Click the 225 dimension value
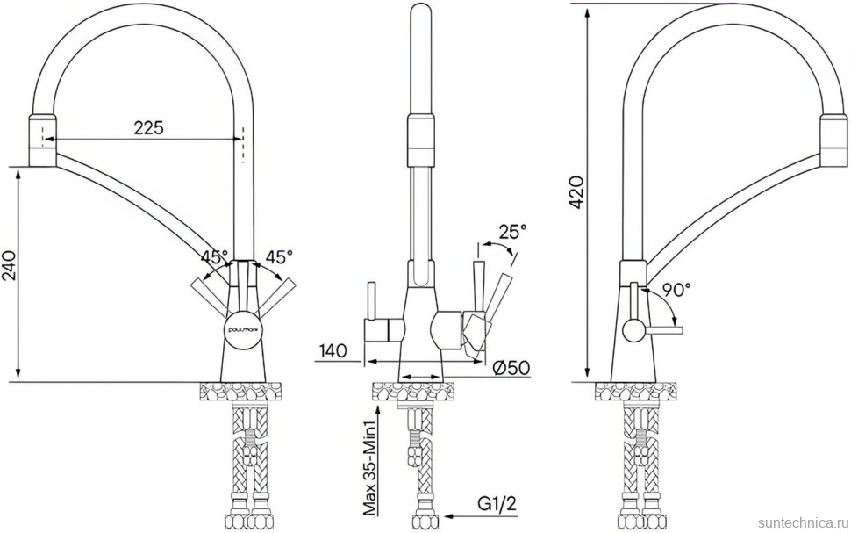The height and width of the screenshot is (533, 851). pyautogui.click(x=148, y=127)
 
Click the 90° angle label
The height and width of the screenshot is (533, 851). pyautogui.click(x=676, y=288)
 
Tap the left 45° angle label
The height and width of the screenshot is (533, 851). pyautogui.click(x=213, y=257)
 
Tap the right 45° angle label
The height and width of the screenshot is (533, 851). pyautogui.click(x=279, y=257)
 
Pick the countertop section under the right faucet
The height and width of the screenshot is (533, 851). pyautogui.click(x=638, y=391)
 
